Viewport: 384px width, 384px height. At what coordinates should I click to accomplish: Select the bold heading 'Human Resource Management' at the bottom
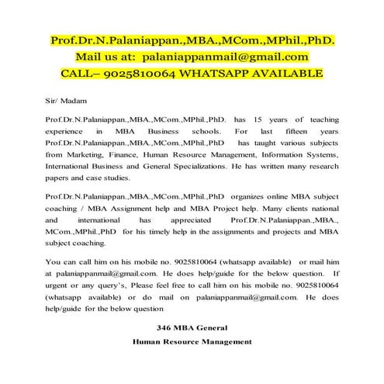192,341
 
